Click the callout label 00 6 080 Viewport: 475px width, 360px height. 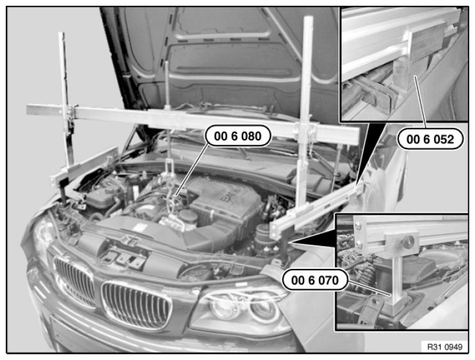point(237,136)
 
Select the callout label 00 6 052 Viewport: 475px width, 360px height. point(430,139)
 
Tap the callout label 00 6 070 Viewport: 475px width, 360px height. point(315,280)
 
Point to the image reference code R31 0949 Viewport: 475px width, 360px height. point(445,347)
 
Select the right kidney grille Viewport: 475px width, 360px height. point(136,304)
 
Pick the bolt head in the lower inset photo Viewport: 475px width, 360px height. point(408,240)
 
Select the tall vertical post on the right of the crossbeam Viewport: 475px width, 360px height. point(305,112)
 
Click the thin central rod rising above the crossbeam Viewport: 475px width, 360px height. point(166,83)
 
